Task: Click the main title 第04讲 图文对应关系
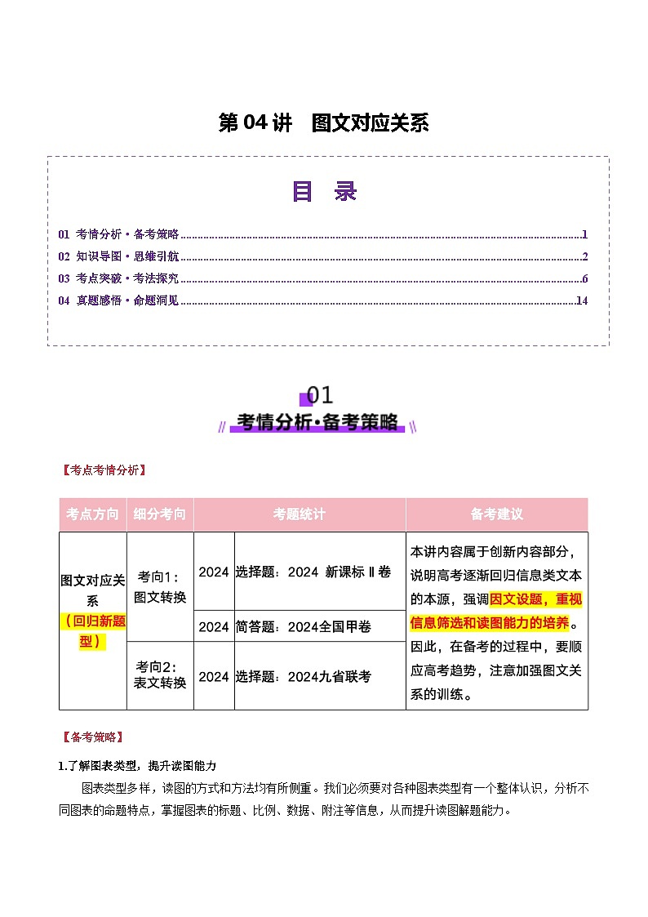coord(324,123)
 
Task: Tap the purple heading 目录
coord(324,191)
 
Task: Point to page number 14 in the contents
coord(581,300)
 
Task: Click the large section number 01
coord(320,395)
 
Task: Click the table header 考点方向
coord(92,514)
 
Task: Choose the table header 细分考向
coord(160,514)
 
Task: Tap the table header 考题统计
coord(300,514)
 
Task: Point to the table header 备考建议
coord(496,514)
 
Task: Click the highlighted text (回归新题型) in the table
coord(93,630)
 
